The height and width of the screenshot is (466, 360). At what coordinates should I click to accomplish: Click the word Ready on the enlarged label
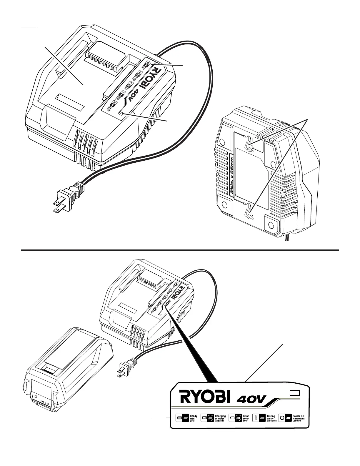[x=194, y=416]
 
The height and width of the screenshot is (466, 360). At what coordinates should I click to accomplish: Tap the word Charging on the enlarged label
[x=220, y=416]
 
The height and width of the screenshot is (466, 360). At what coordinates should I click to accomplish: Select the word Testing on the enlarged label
[x=271, y=416]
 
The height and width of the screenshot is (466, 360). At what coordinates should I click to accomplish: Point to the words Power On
[x=298, y=416]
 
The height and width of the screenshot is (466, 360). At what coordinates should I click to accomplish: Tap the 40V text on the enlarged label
[x=251, y=399]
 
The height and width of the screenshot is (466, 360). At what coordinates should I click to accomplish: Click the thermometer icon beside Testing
[x=256, y=418]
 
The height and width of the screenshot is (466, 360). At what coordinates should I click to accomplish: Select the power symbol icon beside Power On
[x=282, y=418]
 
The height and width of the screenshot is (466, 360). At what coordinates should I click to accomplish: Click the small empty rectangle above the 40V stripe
[x=294, y=393]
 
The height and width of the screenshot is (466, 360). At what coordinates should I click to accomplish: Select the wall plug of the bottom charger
[x=125, y=368]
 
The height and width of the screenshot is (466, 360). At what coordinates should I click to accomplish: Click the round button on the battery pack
[x=36, y=397]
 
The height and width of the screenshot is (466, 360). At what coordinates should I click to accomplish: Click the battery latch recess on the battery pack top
[x=50, y=367]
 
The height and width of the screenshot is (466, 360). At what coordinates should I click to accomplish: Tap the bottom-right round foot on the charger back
[x=271, y=225]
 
